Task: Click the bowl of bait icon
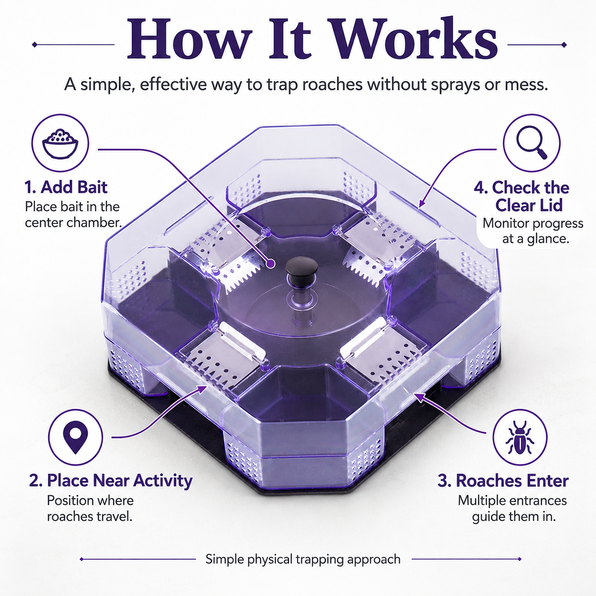coord(60,144)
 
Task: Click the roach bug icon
coord(520,437)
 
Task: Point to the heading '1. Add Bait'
coord(66,187)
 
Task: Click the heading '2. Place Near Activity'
coord(111,481)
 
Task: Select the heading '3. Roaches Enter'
coord(503,481)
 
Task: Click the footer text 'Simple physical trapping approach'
coord(303,559)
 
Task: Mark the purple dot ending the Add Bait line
coord(270,264)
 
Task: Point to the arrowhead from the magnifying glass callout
coord(421,204)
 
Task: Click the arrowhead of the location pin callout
coord(203,389)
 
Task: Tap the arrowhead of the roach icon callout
coord(418,397)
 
